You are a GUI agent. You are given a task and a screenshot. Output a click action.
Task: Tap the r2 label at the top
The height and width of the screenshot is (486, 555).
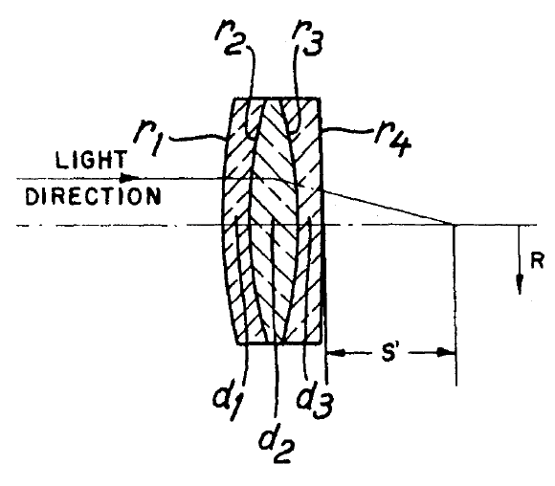(230, 41)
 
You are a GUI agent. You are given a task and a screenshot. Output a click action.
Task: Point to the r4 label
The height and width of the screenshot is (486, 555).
(393, 141)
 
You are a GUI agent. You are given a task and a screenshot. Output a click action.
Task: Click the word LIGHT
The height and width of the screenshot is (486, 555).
(91, 160)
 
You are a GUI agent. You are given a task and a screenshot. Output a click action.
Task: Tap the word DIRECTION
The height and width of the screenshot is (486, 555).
(93, 196)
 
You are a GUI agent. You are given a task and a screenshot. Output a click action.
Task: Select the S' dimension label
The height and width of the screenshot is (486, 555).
(389, 353)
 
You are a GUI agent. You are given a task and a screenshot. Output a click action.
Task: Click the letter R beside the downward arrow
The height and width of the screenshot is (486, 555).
(537, 261)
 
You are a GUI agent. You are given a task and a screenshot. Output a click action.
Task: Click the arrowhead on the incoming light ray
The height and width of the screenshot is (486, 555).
(130, 178)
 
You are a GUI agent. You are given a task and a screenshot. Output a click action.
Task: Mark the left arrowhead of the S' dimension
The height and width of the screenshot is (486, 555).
(336, 353)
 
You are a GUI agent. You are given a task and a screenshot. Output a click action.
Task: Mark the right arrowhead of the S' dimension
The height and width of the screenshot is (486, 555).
(445, 353)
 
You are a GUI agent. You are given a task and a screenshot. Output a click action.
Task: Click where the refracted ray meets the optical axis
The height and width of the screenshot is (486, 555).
(454, 225)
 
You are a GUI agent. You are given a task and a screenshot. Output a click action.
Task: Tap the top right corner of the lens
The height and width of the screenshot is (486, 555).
(320, 99)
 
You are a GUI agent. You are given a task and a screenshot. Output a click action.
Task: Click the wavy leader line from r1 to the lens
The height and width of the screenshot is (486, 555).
(197, 137)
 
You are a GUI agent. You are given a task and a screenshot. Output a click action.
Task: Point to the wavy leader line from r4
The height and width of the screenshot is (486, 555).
(348, 132)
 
